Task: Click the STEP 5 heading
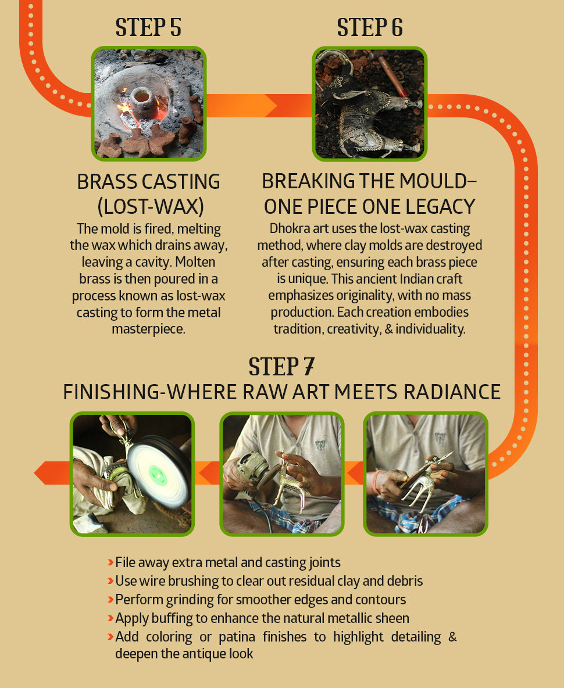pos(148,27)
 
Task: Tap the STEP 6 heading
pos(370,27)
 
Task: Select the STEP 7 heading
pos(281,367)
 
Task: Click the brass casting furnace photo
pos(149,103)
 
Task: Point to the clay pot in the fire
pos(141,99)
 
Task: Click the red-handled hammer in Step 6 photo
pos(393,76)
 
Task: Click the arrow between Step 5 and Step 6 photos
pos(259,106)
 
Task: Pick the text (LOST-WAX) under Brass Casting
pos(151,207)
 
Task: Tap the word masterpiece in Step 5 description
pos(148,329)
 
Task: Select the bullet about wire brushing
pos(265,581)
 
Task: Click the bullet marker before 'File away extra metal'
pos(110,562)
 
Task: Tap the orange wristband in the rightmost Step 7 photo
pos(376,482)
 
